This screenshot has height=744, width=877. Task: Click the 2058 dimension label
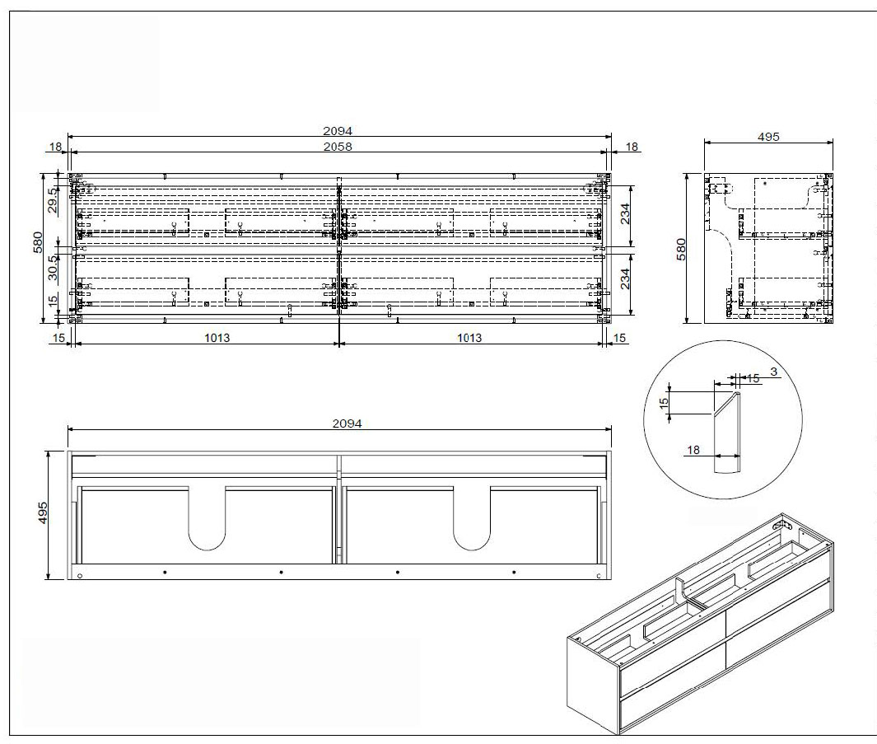click(338, 147)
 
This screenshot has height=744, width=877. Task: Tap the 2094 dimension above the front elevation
click(338, 131)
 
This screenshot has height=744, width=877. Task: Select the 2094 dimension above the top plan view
click(348, 423)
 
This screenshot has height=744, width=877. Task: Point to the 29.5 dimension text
click(53, 200)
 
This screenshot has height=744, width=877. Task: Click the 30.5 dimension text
click(53, 268)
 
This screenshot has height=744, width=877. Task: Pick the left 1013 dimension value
click(217, 338)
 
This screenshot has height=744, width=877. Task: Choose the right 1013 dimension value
click(469, 338)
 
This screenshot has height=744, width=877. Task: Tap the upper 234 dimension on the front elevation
click(625, 214)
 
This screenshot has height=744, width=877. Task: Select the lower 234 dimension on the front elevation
click(625, 278)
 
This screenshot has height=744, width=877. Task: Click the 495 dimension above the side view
click(768, 137)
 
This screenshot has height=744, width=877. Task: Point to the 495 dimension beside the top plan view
click(43, 512)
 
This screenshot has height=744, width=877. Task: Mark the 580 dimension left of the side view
click(681, 249)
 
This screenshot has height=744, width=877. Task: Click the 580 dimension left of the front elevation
click(38, 242)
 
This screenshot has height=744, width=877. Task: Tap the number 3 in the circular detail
click(773, 372)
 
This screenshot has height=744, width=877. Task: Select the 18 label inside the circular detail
click(693, 450)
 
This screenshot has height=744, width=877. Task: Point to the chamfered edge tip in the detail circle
click(737, 393)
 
